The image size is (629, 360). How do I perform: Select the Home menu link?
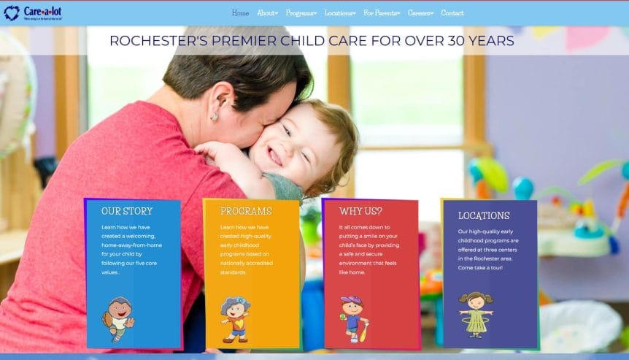(x=240, y=13)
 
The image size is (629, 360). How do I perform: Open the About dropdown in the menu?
(x=267, y=13)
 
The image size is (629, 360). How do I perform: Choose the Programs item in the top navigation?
(x=301, y=13)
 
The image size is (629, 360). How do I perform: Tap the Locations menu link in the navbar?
(x=340, y=13)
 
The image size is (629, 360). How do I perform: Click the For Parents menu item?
(x=382, y=13)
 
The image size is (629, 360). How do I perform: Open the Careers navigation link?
(x=420, y=13)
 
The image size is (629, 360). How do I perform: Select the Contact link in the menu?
(x=452, y=13)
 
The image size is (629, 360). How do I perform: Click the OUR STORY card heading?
(x=127, y=211)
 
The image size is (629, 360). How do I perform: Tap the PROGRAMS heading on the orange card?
(x=246, y=211)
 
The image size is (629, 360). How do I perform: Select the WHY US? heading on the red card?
(x=360, y=211)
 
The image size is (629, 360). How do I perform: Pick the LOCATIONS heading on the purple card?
(x=484, y=215)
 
